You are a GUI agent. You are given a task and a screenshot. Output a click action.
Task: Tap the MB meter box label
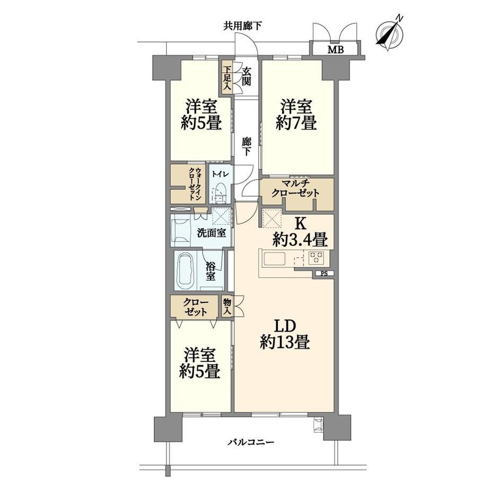(x=335, y=49)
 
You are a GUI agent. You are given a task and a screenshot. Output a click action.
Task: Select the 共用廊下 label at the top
(x=242, y=26)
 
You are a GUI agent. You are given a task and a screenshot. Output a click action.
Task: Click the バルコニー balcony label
(x=250, y=442)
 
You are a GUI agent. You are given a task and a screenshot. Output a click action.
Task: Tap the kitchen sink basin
(x=274, y=259)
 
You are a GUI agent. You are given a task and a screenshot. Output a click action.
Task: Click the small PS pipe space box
(x=324, y=274)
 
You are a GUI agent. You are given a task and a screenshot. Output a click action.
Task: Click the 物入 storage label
(x=226, y=307)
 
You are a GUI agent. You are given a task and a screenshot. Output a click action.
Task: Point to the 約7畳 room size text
(x=297, y=123)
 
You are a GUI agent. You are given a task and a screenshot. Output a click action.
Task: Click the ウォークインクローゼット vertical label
(x=195, y=184)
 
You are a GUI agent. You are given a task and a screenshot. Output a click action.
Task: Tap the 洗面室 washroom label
(x=212, y=233)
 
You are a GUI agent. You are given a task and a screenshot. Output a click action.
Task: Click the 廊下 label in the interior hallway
(x=246, y=146)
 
